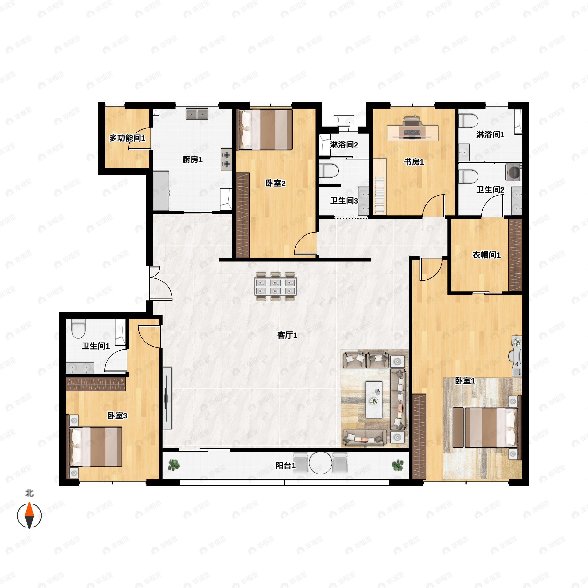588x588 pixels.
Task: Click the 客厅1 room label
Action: click(287, 335)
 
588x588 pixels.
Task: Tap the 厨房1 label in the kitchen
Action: click(192, 159)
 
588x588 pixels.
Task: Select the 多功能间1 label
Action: click(127, 138)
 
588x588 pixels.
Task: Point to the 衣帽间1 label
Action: click(486, 255)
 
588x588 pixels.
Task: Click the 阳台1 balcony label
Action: click(285, 465)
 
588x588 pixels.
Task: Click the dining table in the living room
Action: click(275, 286)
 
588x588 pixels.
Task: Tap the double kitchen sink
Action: click(197, 114)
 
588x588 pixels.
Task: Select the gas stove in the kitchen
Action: click(226, 159)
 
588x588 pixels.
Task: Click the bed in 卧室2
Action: click(265, 130)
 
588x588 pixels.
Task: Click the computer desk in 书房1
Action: click(412, 133)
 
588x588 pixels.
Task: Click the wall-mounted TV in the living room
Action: click(167, 398)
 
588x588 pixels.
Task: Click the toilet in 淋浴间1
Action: click(466, 121)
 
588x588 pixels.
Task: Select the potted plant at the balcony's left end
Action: click(174, 465)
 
